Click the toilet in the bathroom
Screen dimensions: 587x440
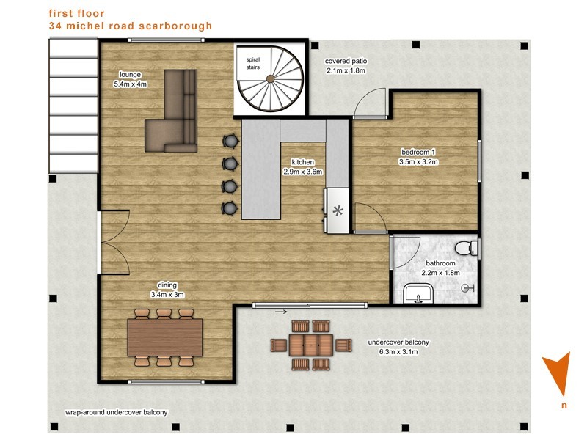pos(467,248)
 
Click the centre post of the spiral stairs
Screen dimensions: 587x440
pos(270,78)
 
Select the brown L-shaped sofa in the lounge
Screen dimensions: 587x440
pos(171,111)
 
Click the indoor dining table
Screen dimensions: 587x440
pos(165,337)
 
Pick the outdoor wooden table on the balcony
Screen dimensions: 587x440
pos(310,345)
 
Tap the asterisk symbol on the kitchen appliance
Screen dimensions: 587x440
pos(338,211)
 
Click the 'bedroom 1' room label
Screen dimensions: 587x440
pos(418,153)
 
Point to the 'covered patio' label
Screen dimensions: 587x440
pos(346,61)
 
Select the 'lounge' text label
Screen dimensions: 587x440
pos(131,75)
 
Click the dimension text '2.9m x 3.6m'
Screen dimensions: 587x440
pos(303,172)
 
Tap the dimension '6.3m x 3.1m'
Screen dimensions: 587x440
pos(398,352)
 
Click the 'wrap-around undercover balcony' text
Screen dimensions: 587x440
pos(117,413)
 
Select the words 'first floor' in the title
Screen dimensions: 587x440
pos(77,13)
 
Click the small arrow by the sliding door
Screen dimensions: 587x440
pos(281,311)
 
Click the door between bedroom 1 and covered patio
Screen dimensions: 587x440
pos(371,103)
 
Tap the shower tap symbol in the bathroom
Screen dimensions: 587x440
pos(468,288)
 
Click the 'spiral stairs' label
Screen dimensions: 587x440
pos(253,63)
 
